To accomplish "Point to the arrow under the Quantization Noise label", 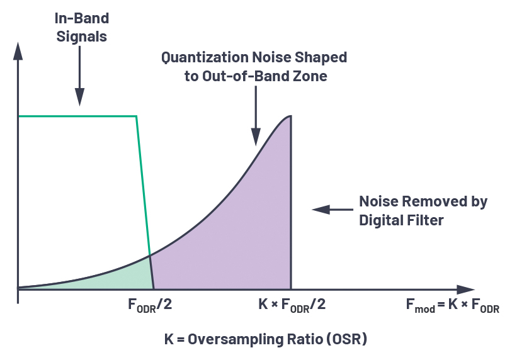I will click(x=255, y=120).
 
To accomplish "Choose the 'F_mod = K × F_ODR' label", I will click(x=452, y=307).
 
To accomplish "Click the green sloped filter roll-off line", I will click(x=144, y=201).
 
